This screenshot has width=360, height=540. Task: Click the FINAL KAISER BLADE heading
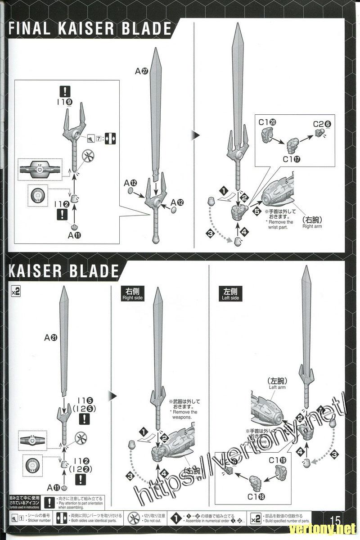click(x=90, y=29)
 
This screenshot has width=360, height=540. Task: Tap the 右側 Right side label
click(x=132, y=294)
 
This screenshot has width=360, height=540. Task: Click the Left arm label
click(x=277, y=383)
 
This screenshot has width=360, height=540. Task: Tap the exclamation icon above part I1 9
click(x=65, y=91)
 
